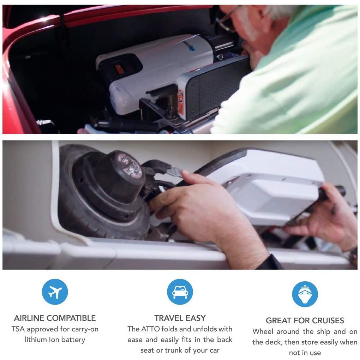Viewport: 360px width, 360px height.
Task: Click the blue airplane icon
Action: [55, 292]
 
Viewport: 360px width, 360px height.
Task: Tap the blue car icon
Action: [180, 292]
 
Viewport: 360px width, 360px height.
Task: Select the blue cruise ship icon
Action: [305, 294]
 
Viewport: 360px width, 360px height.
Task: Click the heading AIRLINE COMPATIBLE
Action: [55, 318]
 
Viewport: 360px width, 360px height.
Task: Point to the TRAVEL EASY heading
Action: [180, 318]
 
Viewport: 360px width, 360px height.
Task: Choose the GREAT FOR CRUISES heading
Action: [305, 321]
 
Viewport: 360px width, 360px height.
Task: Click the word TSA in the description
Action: [18, 329]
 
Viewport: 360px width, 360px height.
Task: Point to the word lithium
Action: [37, 340]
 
